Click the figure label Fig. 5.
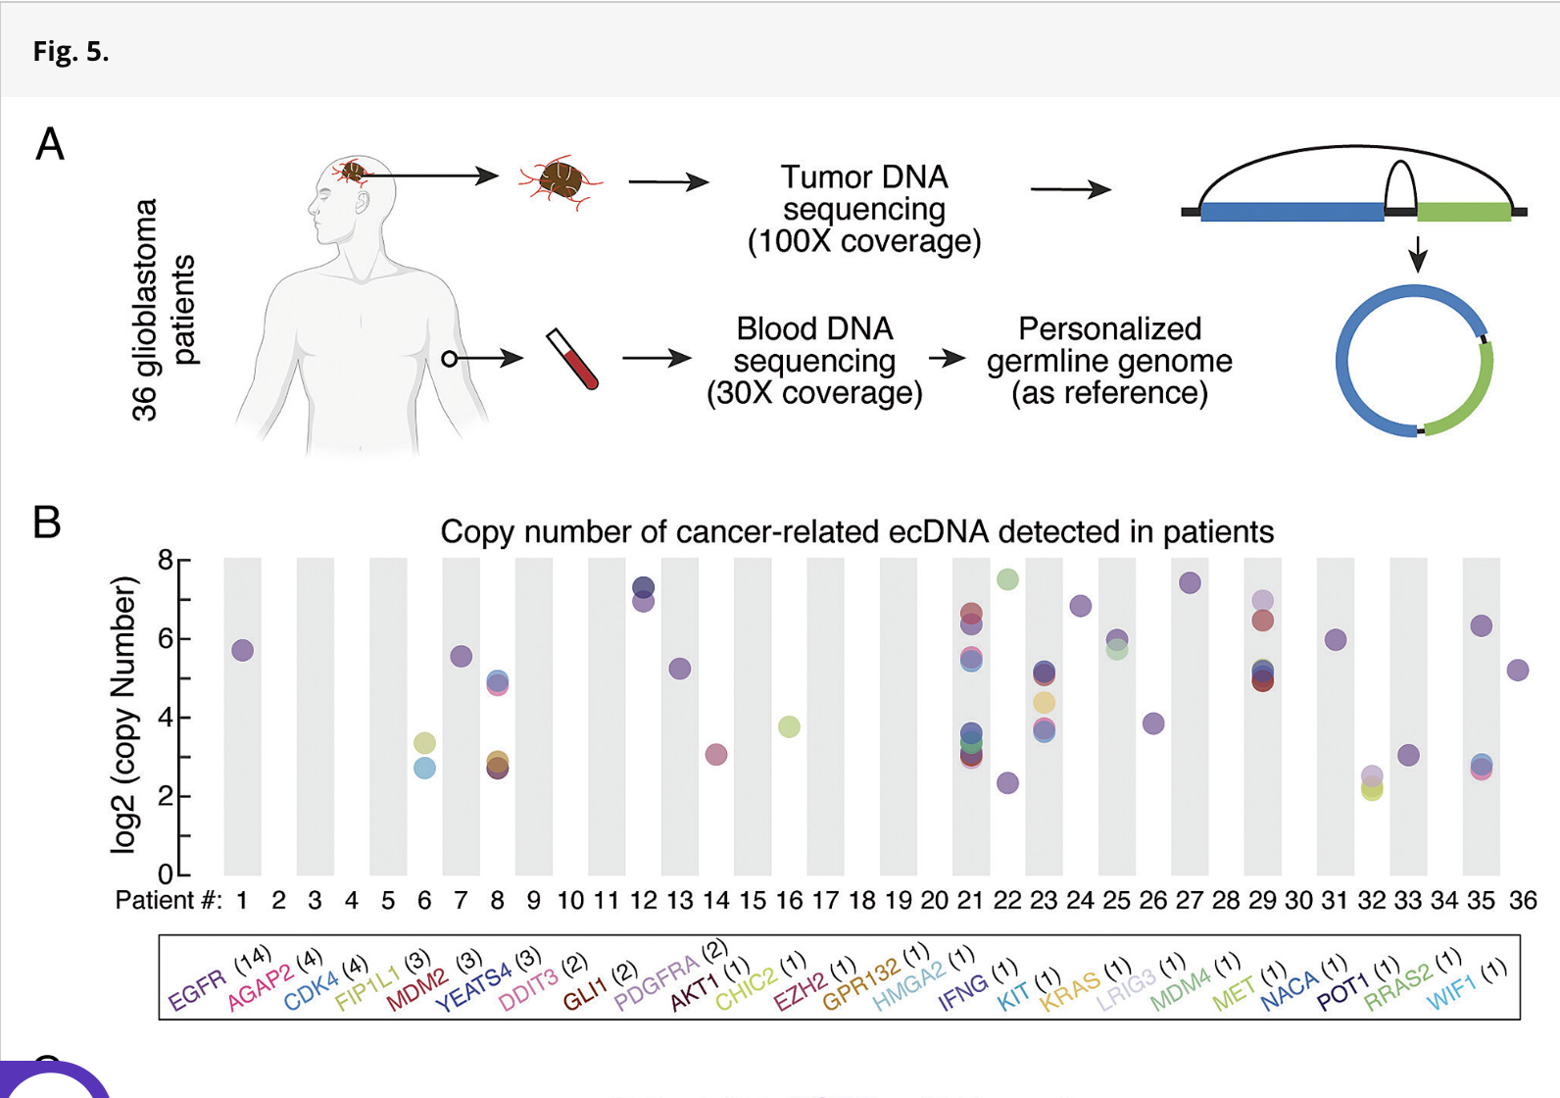tap(71, 51)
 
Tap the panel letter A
tap(50, 145)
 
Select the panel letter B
tap(47, 523)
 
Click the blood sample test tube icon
tap(573, 359)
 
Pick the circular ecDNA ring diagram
tap(1414, 361)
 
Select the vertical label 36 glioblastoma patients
tap(163, 310)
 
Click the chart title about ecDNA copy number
tap(856, 531)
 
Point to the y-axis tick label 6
tap(166, 638)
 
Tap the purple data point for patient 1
tap(242, 650)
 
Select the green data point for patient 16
tap(789, 726)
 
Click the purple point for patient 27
tap(1190, 582)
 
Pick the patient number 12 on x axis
tap(643, 900)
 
